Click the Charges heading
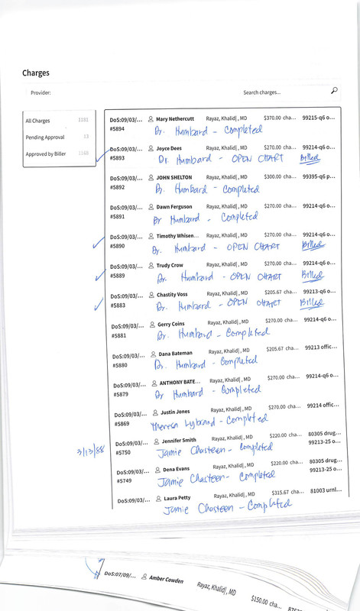36,73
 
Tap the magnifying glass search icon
334,91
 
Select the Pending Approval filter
46,137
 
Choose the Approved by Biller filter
50,154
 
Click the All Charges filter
37,121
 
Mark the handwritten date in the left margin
90,451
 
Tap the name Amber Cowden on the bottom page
166,580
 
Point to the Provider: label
41,92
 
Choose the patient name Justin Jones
180,411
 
